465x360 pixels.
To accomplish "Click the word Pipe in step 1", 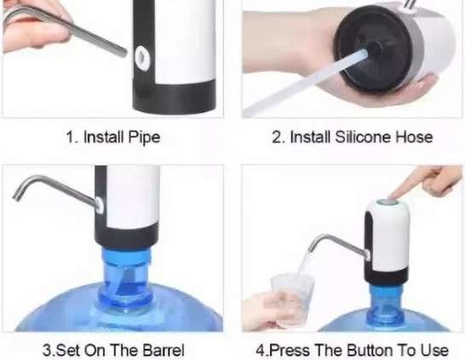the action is pyautogui.click(x=144, y=138).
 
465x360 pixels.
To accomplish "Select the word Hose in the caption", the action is pyautogui.click(x=415, y=137).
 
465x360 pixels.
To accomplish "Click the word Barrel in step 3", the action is pyautogui.click(x=164, y=351).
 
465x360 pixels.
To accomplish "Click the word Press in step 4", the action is pyautogui.click(x=290, y=351).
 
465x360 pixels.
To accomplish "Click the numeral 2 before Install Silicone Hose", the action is pyautogui.click(x=277, y=138).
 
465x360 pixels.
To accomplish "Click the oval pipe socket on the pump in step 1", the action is pyautogui.click(x=142, y=59).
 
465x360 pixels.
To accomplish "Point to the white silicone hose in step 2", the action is pyautogui.click(x=306, y=83).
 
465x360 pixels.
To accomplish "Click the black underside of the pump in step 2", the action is pyautogui.click(x=373, y=48).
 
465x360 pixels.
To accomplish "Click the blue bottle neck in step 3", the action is pyautogui.click(x=125, y=278).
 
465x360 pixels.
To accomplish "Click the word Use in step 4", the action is pyautogui.click(x=436, y=351).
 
